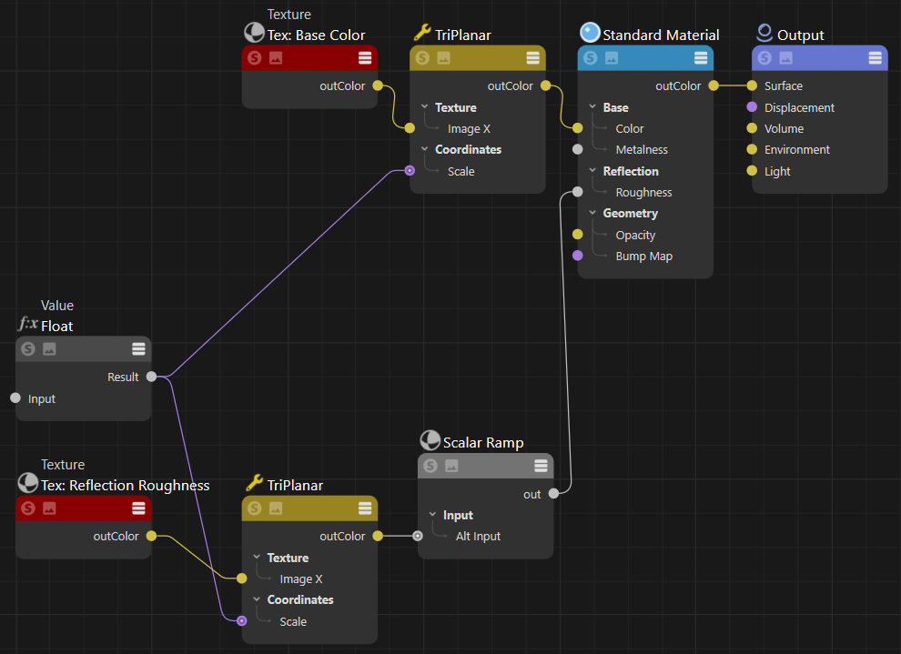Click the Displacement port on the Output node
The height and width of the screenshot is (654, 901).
point(752,107)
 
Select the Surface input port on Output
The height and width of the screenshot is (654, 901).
point(752,86)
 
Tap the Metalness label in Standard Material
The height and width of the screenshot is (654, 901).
point(641,149)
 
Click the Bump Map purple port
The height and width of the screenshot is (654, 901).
point(577,257)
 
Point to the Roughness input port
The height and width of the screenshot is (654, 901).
point(577,192)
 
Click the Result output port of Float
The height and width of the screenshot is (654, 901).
point(151,377)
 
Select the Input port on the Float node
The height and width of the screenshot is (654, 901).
point(15,398)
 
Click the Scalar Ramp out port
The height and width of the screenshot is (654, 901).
point(553,494)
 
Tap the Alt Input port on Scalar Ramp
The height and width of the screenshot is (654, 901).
point(418,536)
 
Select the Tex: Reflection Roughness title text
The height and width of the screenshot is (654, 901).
point(126,486)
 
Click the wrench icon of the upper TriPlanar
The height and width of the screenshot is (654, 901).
point(421,33)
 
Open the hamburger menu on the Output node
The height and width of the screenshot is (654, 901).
point(875,58)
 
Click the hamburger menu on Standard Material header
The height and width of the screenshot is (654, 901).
point(701,58)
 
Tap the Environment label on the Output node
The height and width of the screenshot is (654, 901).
point(797,149)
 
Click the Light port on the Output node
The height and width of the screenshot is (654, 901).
point(752,171)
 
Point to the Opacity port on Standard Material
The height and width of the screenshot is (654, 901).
point(577,235)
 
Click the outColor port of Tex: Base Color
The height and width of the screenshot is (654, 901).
point(378,86)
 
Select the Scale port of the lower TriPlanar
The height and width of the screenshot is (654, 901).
point(241,621)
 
